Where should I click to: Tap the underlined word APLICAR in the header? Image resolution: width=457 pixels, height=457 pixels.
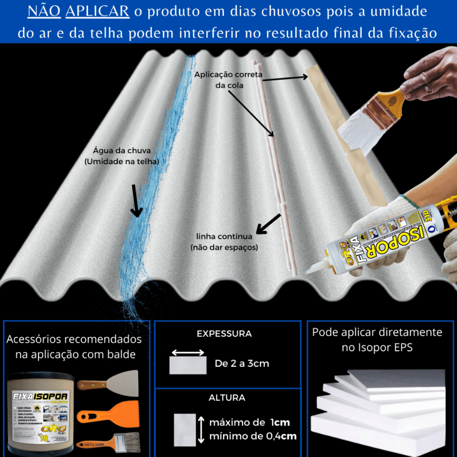click(97, 12)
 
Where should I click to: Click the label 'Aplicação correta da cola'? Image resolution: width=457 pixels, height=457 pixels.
click(228, 79)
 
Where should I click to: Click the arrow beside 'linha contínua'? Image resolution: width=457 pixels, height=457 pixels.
click(268, 224)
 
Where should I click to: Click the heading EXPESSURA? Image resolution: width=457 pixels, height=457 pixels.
click(224, 334)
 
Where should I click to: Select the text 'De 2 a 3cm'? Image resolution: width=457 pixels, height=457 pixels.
click(242, 364)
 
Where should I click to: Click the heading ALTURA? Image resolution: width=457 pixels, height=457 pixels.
click(227, 398)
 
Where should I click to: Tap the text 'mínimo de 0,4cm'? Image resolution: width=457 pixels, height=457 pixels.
click(253, 436)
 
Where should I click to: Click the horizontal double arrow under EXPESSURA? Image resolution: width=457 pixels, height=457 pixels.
click(188, 353)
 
